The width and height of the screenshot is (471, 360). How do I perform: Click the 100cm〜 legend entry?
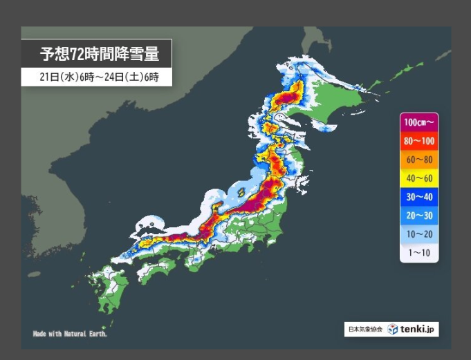click(x=419, y=122)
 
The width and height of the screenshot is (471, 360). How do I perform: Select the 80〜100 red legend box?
click(x=419, y=141)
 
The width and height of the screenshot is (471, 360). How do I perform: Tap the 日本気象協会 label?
click(x=364, y=330)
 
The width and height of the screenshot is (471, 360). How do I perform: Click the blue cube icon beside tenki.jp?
click(x=393, y=330)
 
